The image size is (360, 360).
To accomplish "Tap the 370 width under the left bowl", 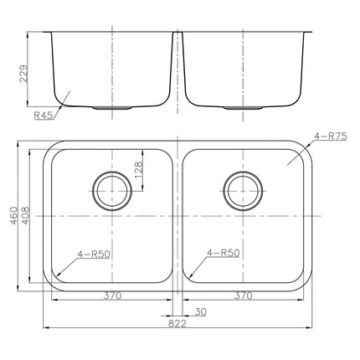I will pyautogui.click(x=111, y=296).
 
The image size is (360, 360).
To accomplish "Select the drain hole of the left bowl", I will pyautogui.click(x=111, y=190).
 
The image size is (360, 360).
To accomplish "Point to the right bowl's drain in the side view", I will pyautogui.click(x=244, y=108).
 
